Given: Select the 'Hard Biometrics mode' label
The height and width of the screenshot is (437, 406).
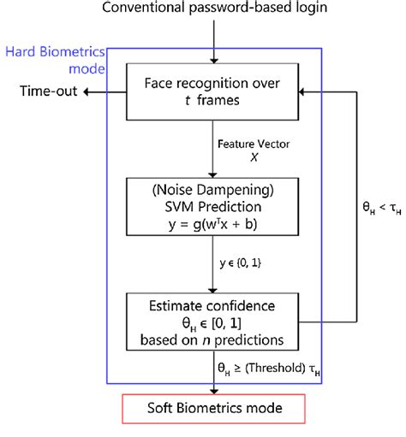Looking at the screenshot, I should (54, 59).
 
